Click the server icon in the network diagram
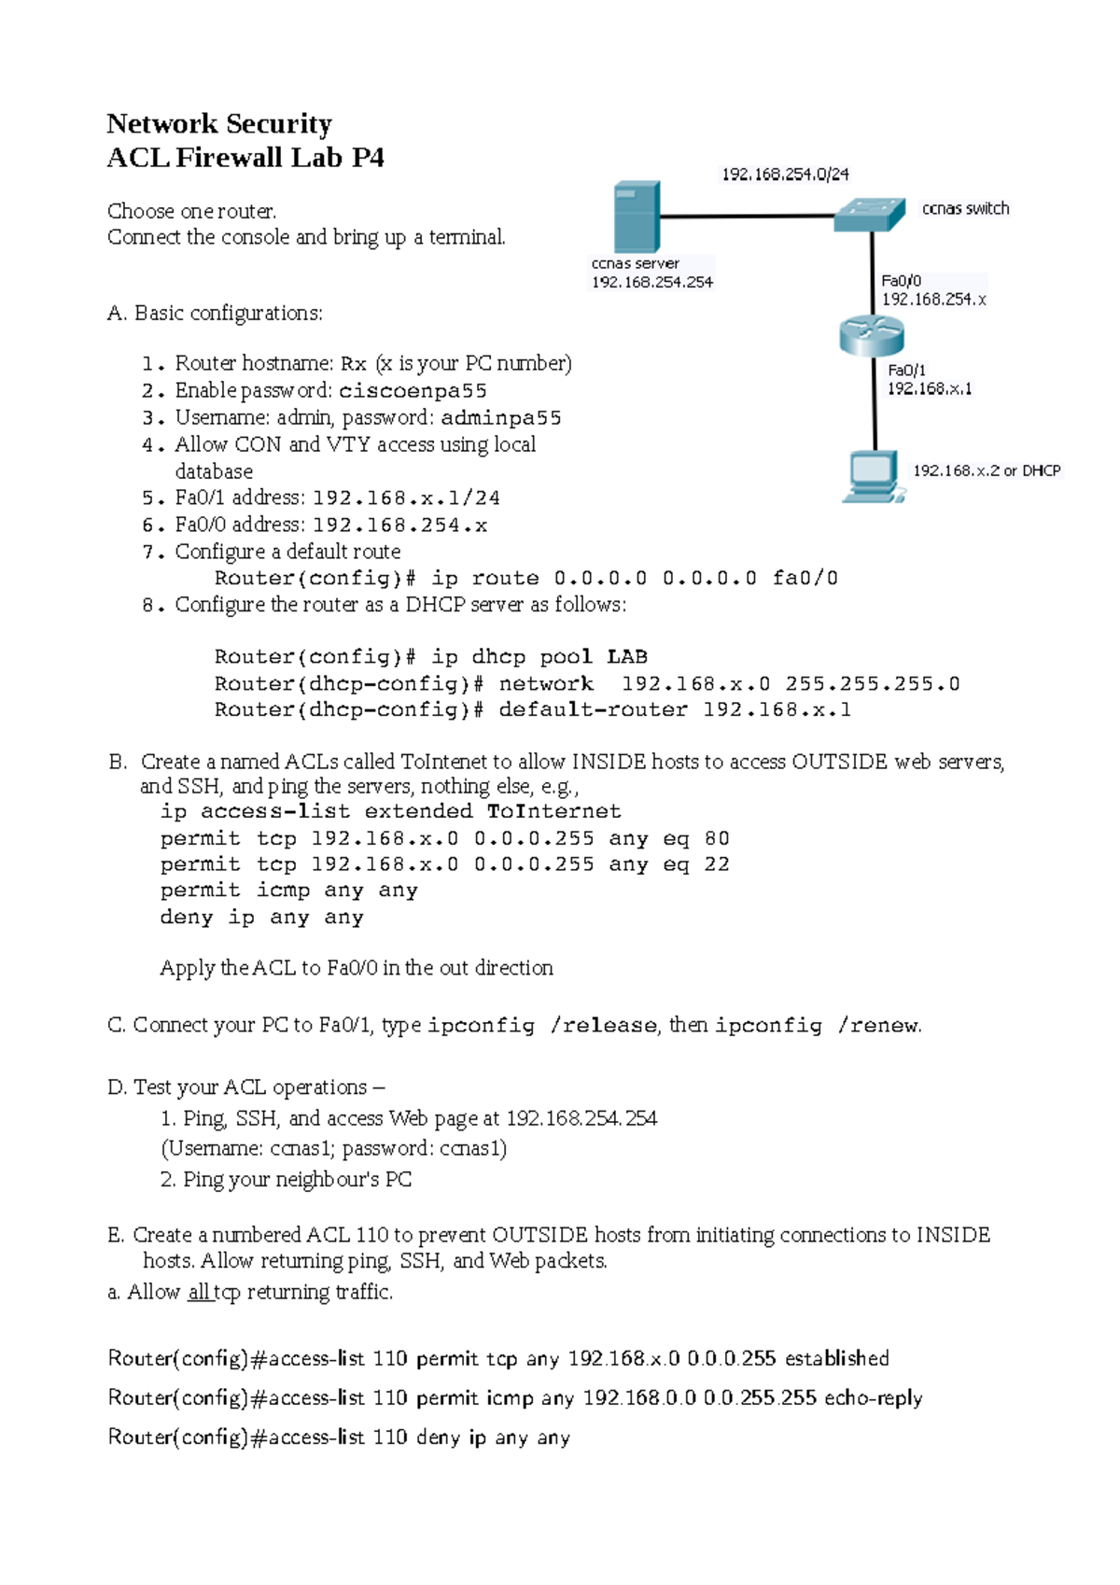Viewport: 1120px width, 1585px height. pyautogui.click(x=637, y=217)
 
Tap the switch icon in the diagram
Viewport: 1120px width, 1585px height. pyautogui.click(x=870, y=214)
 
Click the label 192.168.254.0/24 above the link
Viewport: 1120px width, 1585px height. pyautogui.click(x=785, y=174)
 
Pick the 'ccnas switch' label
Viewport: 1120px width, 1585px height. pyautogui.click(x=965, y=208)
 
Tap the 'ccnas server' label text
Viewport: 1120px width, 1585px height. pyautogui.click(x=636, y=263)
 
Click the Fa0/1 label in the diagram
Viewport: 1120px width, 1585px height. pyautogui.click(x=906, y=371)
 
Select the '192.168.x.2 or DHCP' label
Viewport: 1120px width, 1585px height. pyautogui.click(x=987, y=470)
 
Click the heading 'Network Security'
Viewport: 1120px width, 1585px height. pyautogui.click(x=219, y=124)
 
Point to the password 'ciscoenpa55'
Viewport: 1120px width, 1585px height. pyautogui.click(x=413, y=390)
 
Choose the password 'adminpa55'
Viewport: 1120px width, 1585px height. pyautogui.click(x=501, y=417)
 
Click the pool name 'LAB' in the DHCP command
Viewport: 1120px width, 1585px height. pyautogui.click(x=627, y=656)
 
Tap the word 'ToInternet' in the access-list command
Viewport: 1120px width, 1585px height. pyautogui.click(x=554, y=811)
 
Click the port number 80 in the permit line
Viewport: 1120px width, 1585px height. pyautogui.click(x=717, y=838)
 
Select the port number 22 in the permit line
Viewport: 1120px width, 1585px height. pyautogui.click(x=717, y=864)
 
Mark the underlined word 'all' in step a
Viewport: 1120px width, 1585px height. pyautogui.click(x=199, y=1292)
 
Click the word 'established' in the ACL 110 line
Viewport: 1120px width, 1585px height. pyautogui.click(x=837, y=1358)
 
